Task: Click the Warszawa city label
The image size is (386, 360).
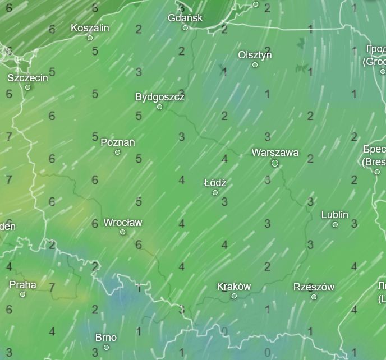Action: pos(275,153)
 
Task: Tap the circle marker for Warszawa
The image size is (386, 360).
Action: pos(275,163)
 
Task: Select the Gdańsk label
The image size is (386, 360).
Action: pos(185,18)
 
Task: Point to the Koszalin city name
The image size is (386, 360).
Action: pos(90,28)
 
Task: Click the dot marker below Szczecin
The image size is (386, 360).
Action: pos(28,87)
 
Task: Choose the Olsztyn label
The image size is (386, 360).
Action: pos(255,55)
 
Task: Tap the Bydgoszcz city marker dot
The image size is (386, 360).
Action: pos(159,107)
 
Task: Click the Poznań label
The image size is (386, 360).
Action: pos(117,142)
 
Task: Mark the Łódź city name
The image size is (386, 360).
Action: pos(215,183)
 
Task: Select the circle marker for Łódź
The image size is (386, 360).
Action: pos(215,193)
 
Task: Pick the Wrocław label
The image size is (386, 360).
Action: pos(123,223)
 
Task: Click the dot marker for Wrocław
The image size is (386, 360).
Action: pos(123,232)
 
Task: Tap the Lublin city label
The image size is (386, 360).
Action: pos(335,215)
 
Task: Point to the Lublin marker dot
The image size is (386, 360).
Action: pos(335,224)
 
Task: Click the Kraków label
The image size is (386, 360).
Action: pos(234,287)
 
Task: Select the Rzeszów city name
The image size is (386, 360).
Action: pos(314,287)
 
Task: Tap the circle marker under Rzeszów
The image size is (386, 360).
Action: pos(314,297)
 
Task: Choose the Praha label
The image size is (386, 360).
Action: pos(22,285)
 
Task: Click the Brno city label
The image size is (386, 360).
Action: pos(106,338)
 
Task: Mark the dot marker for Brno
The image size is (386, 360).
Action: pos(106,347)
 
